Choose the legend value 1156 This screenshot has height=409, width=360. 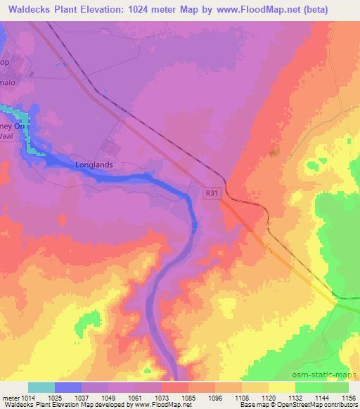347,397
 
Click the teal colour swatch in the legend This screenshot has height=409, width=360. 41,387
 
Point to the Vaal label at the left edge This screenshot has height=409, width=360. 9,139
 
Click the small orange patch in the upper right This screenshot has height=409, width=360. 274,150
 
